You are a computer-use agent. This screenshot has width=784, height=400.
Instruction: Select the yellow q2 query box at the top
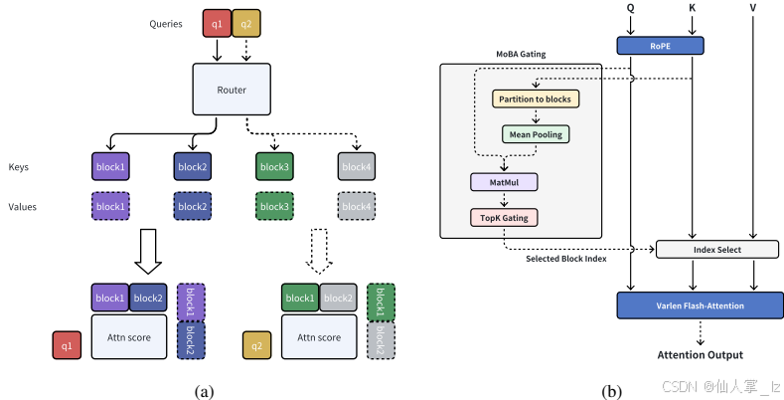(245, 22)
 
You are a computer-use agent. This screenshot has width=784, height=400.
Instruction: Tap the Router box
(231, 90)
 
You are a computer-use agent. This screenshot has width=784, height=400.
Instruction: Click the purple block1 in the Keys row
(110, 167)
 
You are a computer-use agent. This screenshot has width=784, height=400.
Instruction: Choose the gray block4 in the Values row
(356, 206)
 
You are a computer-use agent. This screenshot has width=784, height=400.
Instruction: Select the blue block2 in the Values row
(193, 206)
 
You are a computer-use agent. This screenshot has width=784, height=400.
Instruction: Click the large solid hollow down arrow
(148, 253)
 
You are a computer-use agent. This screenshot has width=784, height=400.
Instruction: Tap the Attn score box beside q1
(127, 337)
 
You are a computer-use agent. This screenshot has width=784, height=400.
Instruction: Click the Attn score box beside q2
(318, 337)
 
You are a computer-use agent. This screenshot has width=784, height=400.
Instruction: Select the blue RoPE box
(660, 45)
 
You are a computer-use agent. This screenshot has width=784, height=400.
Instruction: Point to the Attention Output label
(700, 354)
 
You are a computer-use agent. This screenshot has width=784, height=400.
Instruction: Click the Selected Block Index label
(566, 259)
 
